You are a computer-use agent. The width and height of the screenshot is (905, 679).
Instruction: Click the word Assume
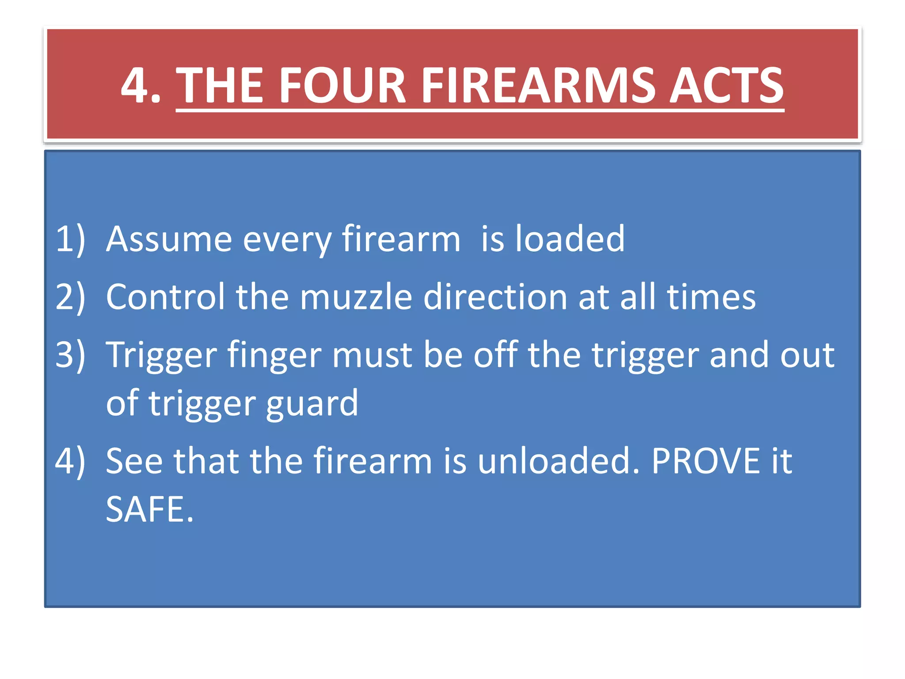(169, 239)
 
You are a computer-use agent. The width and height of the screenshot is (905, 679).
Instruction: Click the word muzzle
(356, 297)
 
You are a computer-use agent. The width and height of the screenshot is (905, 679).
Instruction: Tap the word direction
(495, 297)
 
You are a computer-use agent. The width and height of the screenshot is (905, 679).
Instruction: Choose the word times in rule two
(711, 297)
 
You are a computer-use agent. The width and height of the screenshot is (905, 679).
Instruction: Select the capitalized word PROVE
(705, 461)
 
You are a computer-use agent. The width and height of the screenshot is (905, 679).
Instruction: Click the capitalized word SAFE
(149, 510)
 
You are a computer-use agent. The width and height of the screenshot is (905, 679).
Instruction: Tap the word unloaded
(559, 461)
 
